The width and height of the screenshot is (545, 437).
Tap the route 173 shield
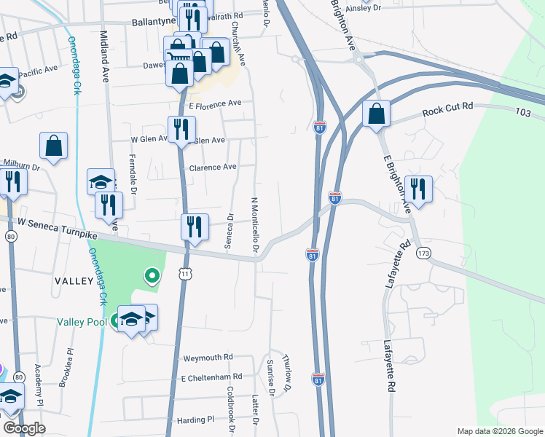423,253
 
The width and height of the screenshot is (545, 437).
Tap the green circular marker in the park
152,275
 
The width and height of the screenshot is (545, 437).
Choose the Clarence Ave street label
213,167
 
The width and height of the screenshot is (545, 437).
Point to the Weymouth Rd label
207,358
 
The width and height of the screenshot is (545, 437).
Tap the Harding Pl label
195,420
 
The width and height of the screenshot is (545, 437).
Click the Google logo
24,428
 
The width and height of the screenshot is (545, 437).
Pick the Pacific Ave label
38,71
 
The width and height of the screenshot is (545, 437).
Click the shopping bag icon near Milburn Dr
54,146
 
